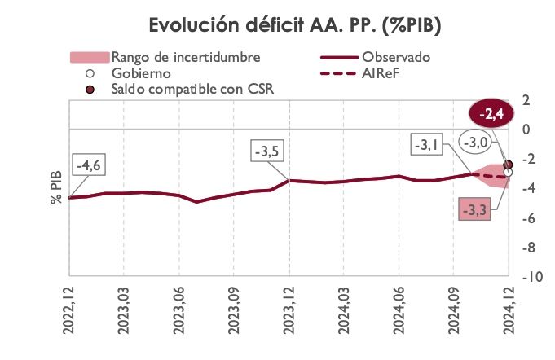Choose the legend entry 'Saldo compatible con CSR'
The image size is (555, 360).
pyautogui.click(x=191, y=89)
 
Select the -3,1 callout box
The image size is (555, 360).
pyautogui.click(x=429, y=146)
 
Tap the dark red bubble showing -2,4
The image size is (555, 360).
pyautogui.click(x=496, y=115)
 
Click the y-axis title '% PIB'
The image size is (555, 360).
pyautogui.click(x=56, y=187)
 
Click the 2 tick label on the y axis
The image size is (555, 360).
pyautogui.click(x=526, y=99)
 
